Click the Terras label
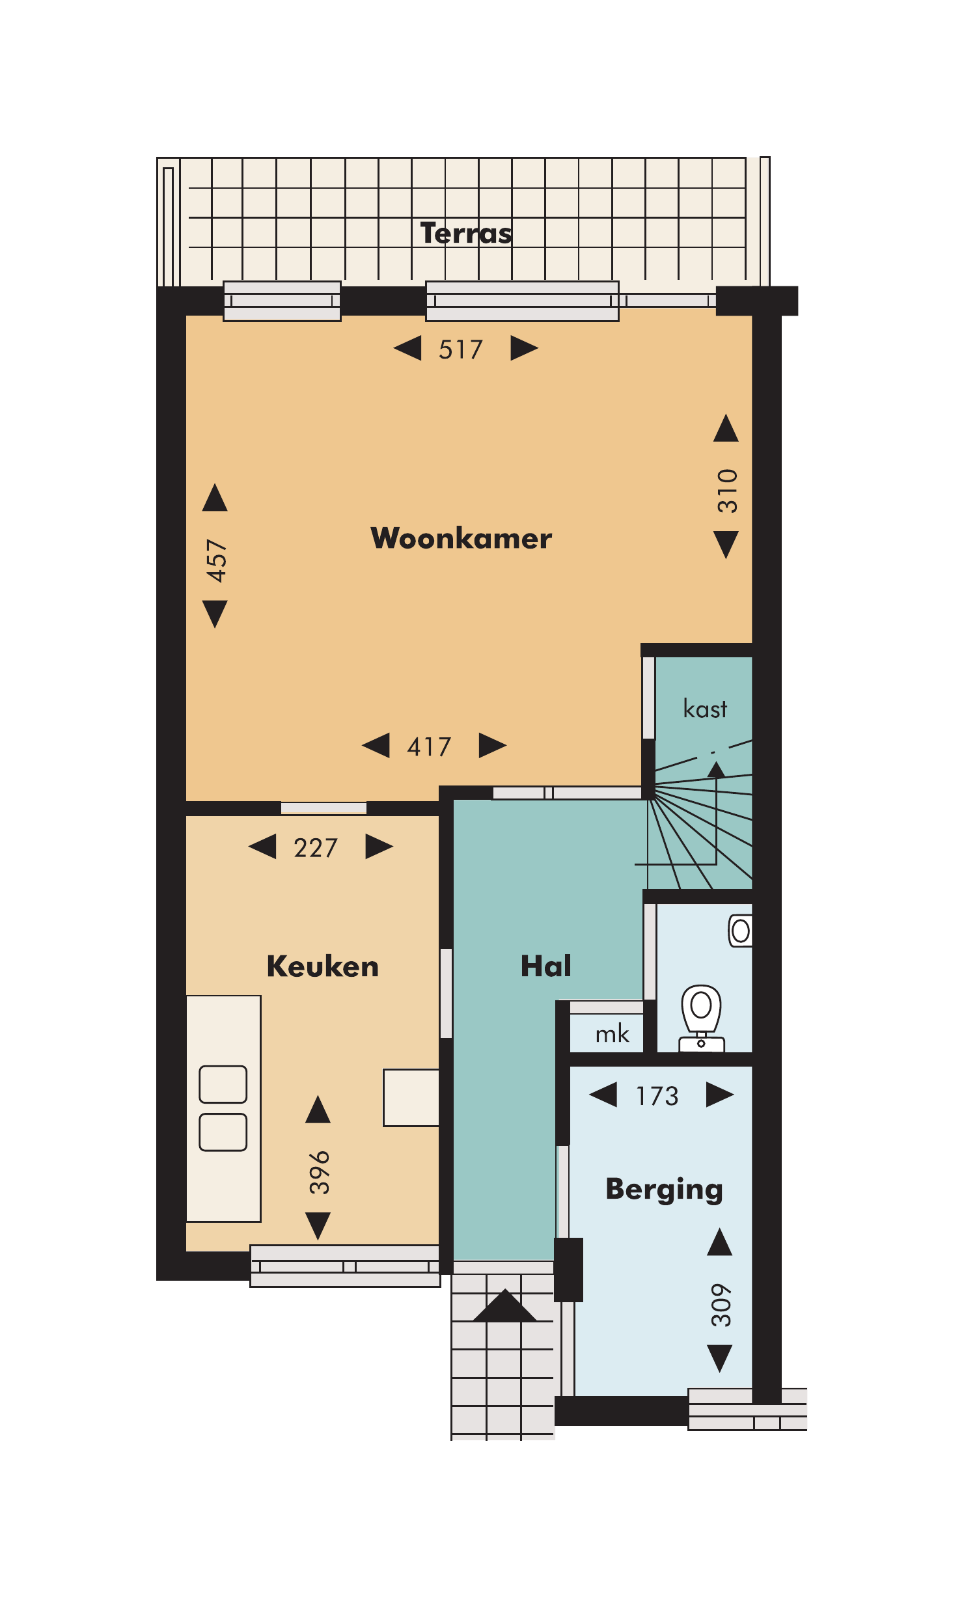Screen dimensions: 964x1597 coord(466,233)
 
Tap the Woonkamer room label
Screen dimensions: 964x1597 coord(461,538)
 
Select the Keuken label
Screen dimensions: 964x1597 coord(323,966)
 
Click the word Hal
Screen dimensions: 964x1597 coord(546,966)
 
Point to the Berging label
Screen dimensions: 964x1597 coord(665,1190)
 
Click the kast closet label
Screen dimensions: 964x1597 coord(705,708)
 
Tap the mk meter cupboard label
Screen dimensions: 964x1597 coord(612,1033)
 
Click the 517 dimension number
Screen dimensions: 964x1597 coord(461,349)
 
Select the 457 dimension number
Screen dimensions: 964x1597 coord(216,560)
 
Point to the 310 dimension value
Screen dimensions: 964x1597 coord(728,491)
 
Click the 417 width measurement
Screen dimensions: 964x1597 coord(429,746)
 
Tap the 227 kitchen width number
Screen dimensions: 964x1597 coord(316,848)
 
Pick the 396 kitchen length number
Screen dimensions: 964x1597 coord(320,1172)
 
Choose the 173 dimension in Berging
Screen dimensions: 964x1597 coord(657,1096)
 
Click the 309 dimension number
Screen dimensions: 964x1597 coord(721,1305)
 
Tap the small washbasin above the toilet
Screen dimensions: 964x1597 coord(740,931)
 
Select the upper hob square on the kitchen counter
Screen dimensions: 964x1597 coord(223,1084)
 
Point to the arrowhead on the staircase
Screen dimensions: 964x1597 coord(716,770)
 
